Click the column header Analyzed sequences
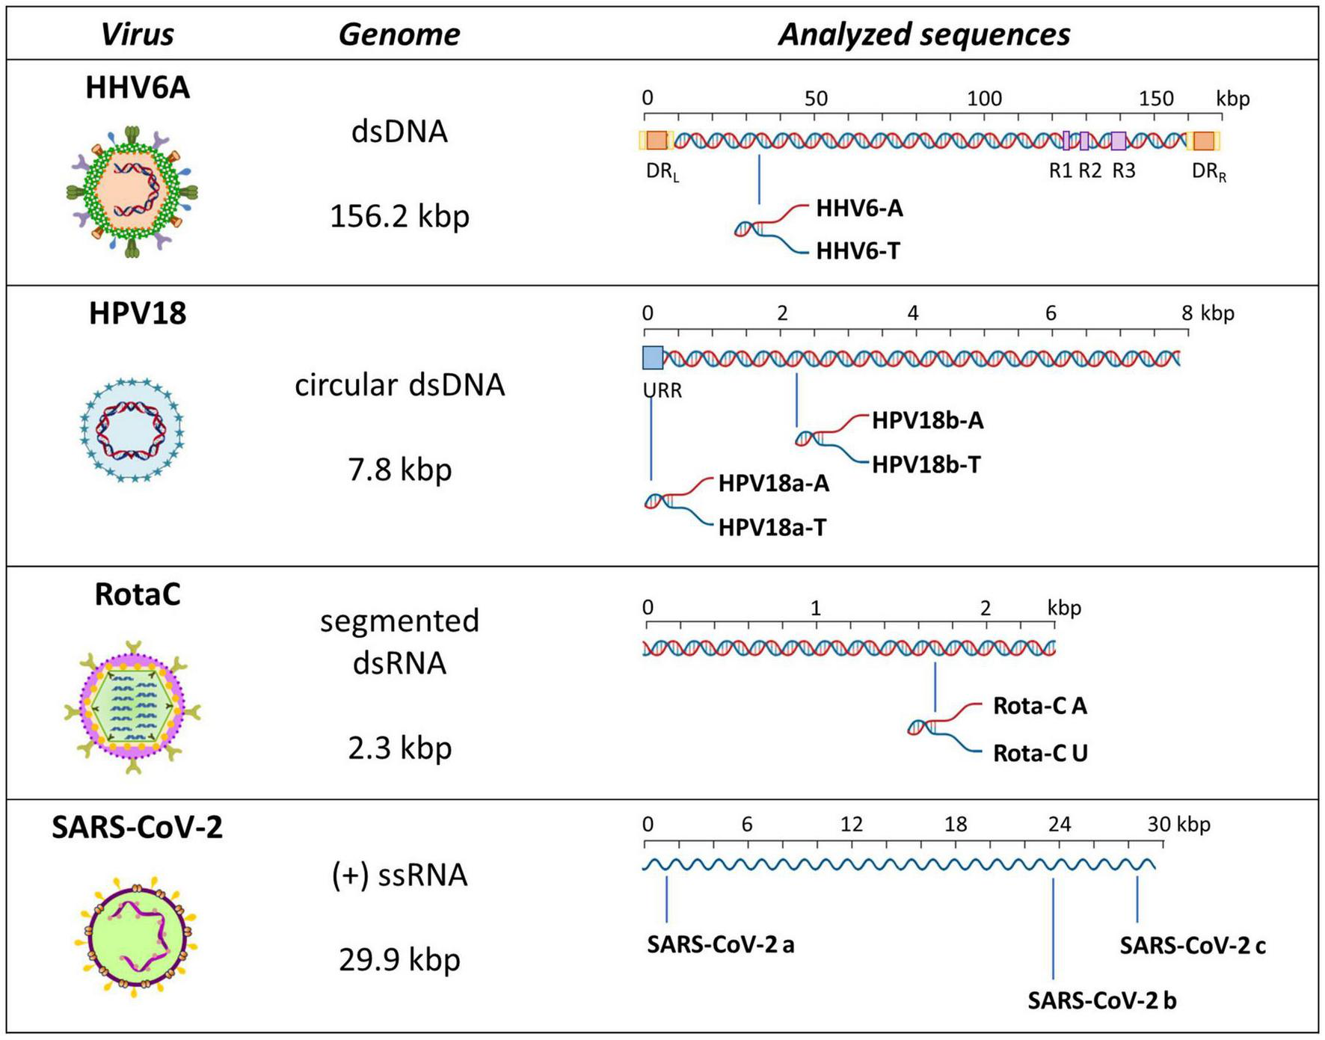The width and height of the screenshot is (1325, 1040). coord(923,34)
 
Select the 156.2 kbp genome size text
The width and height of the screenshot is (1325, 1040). coord(399,216)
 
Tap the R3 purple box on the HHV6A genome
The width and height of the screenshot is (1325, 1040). coord(1118,141)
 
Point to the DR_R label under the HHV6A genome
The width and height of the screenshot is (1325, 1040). coord(1208,172)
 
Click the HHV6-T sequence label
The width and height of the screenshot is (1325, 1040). coord(858,251)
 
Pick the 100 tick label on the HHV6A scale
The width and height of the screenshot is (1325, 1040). coord(984,99)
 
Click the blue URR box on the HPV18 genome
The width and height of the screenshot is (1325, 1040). coord(653,358)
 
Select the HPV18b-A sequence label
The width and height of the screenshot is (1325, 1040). coord(927,421)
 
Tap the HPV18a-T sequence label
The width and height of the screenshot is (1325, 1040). coord(772,528)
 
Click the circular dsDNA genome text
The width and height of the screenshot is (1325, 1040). coord(399,385)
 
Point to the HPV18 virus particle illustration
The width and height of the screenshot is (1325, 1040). coord(132,430)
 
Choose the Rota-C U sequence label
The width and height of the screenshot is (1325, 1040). coord(1039,754)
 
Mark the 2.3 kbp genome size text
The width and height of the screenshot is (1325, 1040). coord(399,748)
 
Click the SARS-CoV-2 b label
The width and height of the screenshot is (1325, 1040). coord(1101,1000)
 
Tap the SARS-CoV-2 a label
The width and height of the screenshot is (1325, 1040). coord(720,945)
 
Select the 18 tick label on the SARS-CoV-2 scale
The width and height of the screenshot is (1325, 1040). coord(955,825)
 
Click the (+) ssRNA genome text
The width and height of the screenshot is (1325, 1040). coord(399,875)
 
